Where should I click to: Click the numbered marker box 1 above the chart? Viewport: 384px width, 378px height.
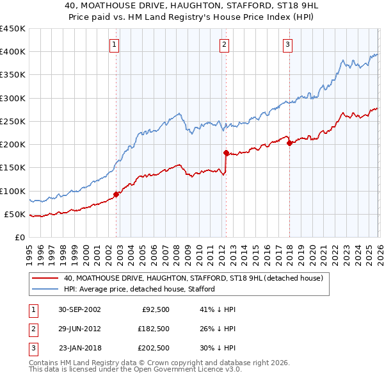114,44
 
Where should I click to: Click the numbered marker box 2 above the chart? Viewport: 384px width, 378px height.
225,44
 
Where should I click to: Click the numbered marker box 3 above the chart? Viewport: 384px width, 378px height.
287,44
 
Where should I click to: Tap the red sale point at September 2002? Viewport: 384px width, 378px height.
116,194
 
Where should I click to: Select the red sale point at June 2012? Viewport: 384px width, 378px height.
226,152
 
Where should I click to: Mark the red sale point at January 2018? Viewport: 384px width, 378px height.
289,144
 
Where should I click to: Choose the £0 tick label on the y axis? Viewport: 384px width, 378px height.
19,237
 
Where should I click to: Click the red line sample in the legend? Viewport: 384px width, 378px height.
45,279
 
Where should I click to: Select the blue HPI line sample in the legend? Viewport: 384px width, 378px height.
45,289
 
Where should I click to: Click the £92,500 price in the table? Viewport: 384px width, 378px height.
153,309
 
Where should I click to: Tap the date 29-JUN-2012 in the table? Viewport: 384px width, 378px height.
79,328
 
